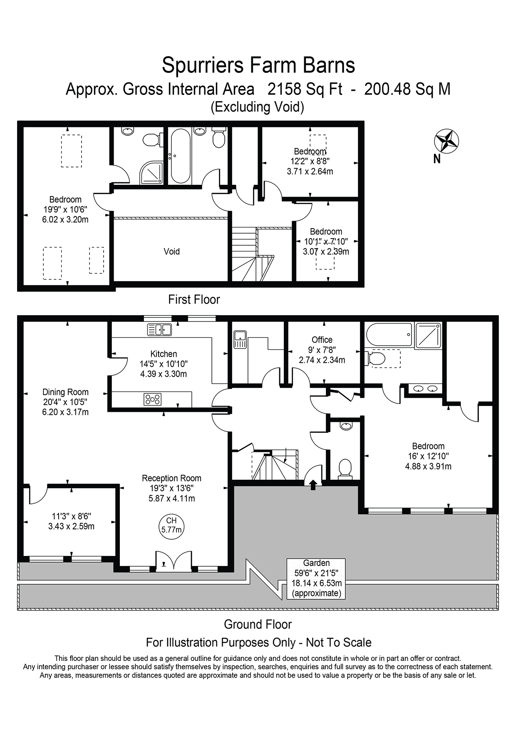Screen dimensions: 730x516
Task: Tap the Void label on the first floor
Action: tap(171, 252)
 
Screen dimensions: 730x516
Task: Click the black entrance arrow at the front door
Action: tap(313, 483)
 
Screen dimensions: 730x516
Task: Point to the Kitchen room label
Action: tap(164, 354)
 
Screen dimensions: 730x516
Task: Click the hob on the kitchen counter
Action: tap(152, 399)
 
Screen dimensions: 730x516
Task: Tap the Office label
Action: tap(322, 340)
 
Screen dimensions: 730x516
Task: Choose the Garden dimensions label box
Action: tap(316, 578)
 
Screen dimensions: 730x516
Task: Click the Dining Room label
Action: tap(65, 392)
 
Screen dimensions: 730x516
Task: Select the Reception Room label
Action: tap(171, 478)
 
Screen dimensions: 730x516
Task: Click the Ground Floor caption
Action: tap(258, 624)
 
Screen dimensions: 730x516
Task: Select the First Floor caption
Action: tap(194, 299)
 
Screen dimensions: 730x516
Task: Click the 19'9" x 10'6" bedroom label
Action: tap(65, 209)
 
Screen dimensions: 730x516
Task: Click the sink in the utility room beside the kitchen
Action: tap(240, 339)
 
